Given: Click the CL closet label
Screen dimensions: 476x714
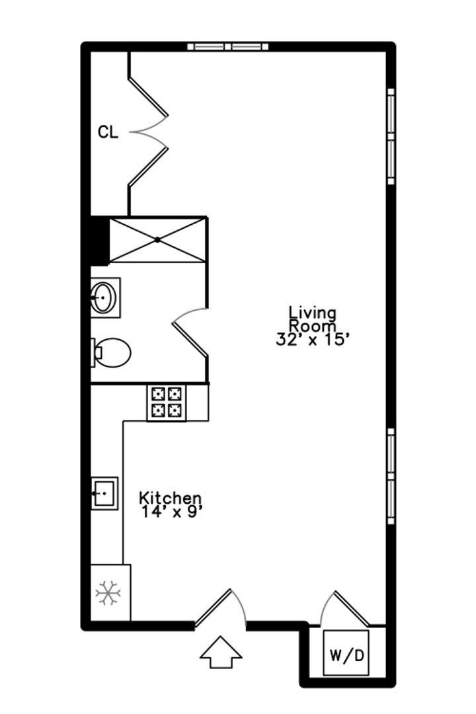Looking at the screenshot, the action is click(x=108, y=132).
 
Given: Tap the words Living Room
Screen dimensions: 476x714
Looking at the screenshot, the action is click(x=313, y=319).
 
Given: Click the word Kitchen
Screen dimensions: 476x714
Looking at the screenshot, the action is click(x=170, y=498).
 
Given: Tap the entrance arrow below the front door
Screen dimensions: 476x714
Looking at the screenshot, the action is click(x=221, y=652).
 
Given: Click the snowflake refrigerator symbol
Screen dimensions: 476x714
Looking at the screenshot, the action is click(x=108, y=592).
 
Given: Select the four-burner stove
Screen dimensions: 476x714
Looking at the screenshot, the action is click(x=166, y=403).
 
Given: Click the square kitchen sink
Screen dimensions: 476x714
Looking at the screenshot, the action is click(x=104, y=493).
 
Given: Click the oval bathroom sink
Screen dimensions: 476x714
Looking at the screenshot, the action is click(x=104, y=297).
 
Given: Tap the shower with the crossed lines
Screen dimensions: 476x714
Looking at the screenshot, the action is click(x=157, y=240).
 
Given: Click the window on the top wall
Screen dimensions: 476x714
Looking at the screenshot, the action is click(x=227, y=46).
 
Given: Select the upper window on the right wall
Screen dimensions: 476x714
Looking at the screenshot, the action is click(x=391, y=136).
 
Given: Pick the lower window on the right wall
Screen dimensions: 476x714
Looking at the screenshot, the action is click(x=391, y=476).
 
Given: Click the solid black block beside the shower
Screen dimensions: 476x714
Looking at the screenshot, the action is click(x=100, y=241).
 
